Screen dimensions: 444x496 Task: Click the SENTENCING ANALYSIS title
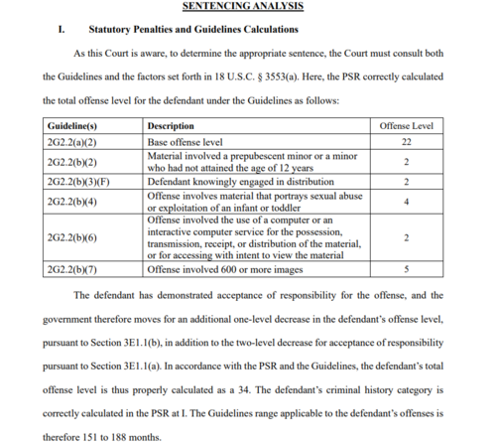pos(243,7)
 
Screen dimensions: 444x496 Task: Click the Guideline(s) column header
pos(71,127)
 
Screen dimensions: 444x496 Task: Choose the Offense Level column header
pos(407,127)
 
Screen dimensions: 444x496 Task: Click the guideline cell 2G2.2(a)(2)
pos(70,142)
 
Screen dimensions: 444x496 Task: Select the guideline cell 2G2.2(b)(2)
pos(70,162)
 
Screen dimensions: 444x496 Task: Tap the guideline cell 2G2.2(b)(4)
pos(70,203)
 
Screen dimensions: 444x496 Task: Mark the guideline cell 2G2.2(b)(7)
pos(70,269)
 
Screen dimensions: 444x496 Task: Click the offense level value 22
pos(407,142)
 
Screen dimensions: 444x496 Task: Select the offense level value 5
pos(407,269)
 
